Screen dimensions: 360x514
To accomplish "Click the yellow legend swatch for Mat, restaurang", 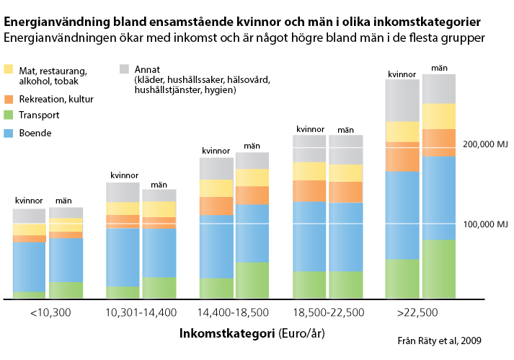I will (9, 70).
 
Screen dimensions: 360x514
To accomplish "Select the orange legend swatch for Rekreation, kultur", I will (9, 98).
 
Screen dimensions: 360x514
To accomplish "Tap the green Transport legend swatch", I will (9, 115).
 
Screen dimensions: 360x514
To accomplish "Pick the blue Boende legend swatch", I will (9, 133).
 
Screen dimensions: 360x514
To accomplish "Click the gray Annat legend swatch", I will (124, 69).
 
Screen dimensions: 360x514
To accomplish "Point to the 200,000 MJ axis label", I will (486, 144).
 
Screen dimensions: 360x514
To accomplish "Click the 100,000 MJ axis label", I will (486, 224).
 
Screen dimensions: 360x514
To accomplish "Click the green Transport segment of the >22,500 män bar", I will (439, 268).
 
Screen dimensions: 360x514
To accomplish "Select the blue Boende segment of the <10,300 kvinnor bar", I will (29, 266).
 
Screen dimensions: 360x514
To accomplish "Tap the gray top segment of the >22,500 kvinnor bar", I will (402, 100).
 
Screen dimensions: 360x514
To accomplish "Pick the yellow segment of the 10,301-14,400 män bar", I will (159, 208).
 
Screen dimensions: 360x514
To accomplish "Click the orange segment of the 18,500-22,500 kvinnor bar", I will (309, 190).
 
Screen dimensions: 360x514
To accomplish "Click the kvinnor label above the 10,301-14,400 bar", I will (123, 175).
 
